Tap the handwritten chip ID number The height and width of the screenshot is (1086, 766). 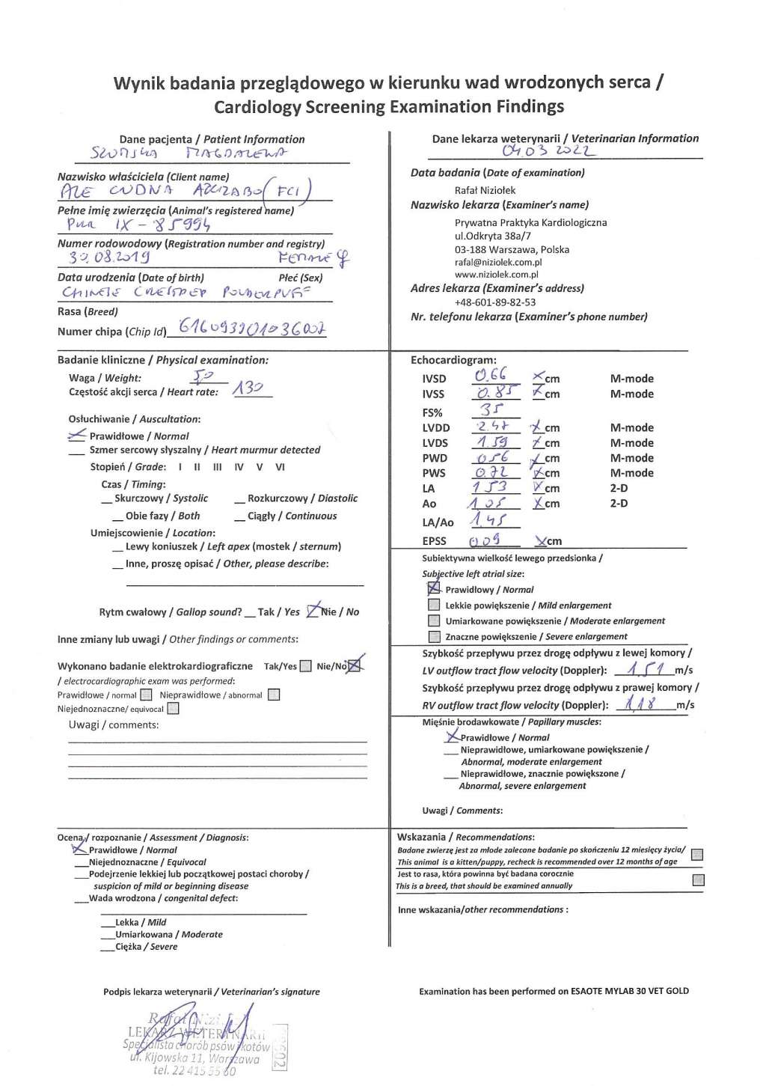[251, 329]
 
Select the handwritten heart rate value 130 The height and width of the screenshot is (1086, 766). [249, 388]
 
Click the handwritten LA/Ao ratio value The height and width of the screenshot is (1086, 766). [488, 520]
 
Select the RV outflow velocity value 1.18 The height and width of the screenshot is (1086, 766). [642, 703]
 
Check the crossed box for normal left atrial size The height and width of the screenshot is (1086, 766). [433, 588]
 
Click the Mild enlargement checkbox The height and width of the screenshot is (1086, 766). [434, 605]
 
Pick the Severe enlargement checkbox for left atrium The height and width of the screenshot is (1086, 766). [434, 636]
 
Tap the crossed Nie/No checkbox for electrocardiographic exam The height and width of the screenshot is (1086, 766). [355, 665]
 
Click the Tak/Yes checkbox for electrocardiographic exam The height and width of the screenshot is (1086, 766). [305, 666]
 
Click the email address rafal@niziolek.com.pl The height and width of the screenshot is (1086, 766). [498, 262]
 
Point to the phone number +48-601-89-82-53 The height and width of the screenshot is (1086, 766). [495, 302]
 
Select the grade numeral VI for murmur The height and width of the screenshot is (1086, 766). [280, 466]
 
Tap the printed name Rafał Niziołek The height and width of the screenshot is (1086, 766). [485, 190]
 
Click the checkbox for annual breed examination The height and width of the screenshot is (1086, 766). [698, 879]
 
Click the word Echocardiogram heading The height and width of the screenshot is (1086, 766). [453, 360]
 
